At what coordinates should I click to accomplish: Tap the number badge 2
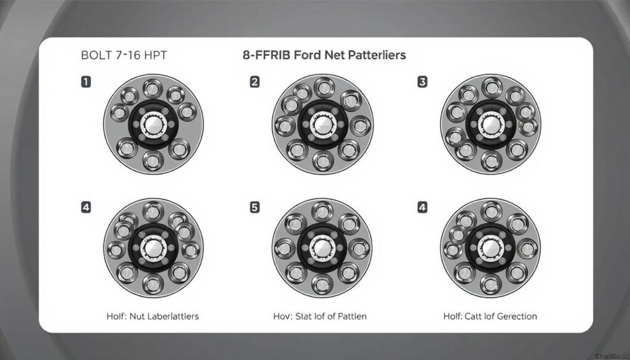click(x=255, y=81)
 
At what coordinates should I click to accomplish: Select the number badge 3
click(x=422, y=81)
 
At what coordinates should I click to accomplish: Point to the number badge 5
click(x=255, y=207)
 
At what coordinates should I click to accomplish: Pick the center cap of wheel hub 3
click(x=490, y=124)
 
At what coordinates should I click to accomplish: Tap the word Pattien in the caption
click(x=348, y=316)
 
